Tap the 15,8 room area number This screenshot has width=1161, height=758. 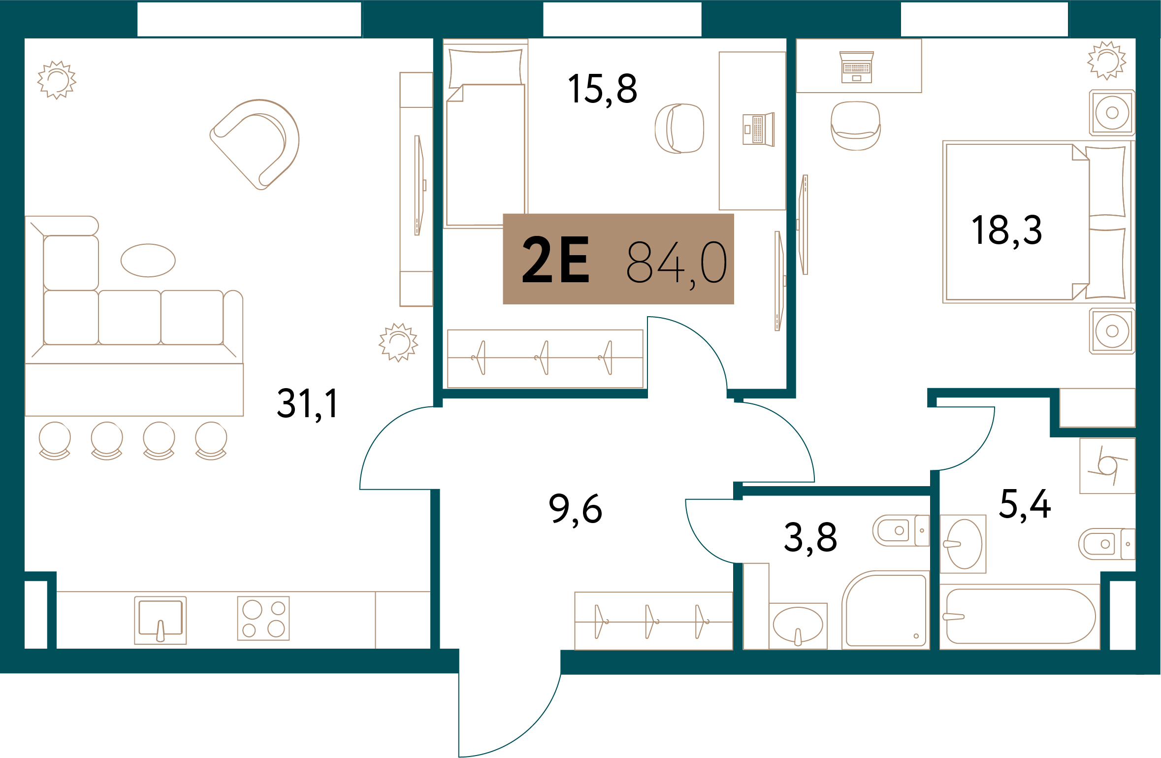pyautogui.click(x=602, y=89)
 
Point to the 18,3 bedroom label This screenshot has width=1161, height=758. pyautogui.click(x=1007, y=230)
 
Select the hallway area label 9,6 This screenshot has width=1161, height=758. pyautogui.click(x=575, y=509)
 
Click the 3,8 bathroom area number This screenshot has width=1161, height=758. pyautogui.click(x=810, y=537)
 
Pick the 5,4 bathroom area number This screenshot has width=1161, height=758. pyautogui.click(x=1025, y=504)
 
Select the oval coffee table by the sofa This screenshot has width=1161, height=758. pyautogui.click(x=148, y=261)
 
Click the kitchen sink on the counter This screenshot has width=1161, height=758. pyautogui.click(x=161, y=620)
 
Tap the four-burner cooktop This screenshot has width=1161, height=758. pyautogui.click(x=263, y=618)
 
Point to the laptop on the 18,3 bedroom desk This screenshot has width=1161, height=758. pyautogui.click(x=857, y=67)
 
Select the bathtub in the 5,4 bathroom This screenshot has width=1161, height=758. pyautogui.click(x=1021, y=616)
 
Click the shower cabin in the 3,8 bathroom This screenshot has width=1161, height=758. pyautogui.click(x=886, y=610)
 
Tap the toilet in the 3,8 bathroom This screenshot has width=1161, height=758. pyautogui.click(x=901, y=530)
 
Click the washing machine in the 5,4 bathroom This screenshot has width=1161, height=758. pyautogui.click(x=1107, y=465)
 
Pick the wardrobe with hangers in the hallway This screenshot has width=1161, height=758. pyautogui.click(x=654, y=621)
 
